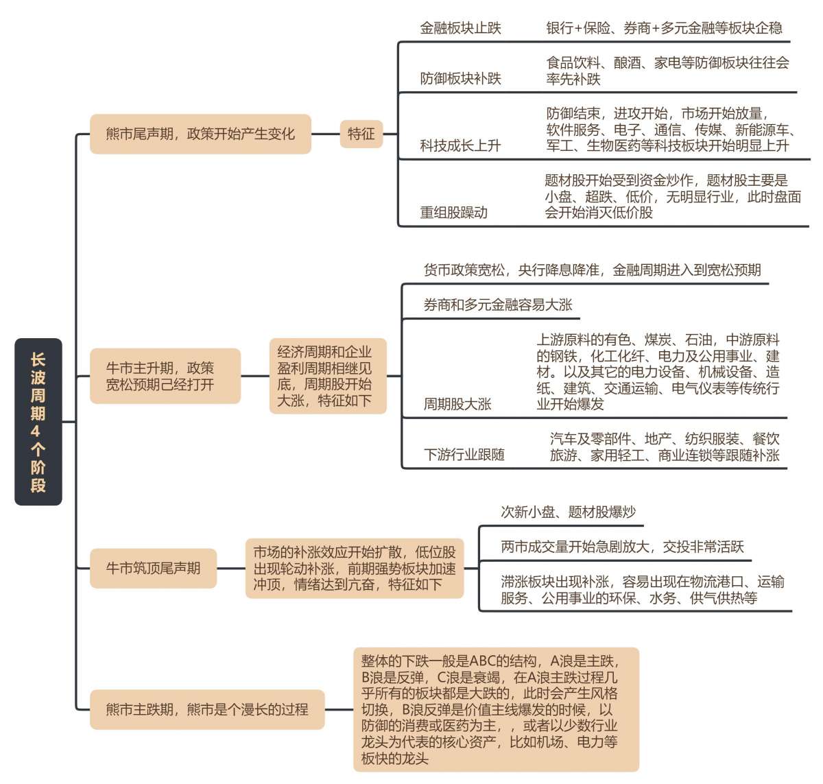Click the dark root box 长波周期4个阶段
coord(38,421)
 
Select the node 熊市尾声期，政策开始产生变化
coord(200,134)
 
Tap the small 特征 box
coord(361,134)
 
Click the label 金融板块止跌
coord(460,28)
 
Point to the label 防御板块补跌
coord(460,78)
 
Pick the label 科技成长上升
coord(460,145)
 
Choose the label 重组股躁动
coord(454,213)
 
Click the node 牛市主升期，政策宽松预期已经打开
coord(165,376)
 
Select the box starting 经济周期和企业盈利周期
coord(328,376)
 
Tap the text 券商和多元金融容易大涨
coord(498,305)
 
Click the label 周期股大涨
coord(457,404)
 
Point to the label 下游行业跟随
coord(464,454)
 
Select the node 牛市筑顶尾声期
coord(153,569)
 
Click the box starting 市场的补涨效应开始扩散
coord(355,569)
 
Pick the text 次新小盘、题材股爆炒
coord(568,512)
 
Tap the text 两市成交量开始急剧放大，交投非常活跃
coord(622,547)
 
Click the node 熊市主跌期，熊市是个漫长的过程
coord(207,709)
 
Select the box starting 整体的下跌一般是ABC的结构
coord(496,709)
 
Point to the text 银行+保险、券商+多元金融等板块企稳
coord(664,28)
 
